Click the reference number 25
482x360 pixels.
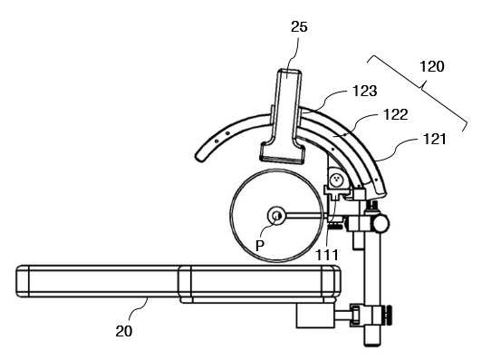pos(299,27)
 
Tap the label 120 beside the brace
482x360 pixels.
pos(432,66)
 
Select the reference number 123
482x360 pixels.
pos(364,91)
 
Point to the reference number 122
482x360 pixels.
pos(396,114)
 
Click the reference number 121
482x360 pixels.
pos(434,139)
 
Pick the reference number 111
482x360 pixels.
pos(327,255)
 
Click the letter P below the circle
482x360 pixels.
pos(260,246)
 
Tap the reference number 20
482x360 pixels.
pos(124,331)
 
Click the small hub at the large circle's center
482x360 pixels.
pos(276,216)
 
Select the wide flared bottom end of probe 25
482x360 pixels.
pos(283,151)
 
